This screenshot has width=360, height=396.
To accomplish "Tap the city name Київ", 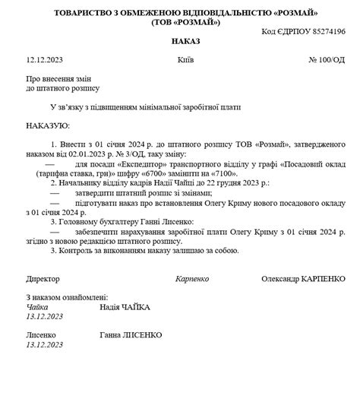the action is tap(185, 59).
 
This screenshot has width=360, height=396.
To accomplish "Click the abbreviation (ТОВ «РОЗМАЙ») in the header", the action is tap(180, 23).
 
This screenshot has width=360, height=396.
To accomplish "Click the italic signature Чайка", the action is tap(37, 307).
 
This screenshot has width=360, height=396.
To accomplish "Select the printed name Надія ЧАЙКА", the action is tap(125, 307).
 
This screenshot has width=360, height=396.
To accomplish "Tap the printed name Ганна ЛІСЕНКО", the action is tap(130, 335).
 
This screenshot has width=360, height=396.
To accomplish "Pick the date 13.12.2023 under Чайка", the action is tap(45, 316).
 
